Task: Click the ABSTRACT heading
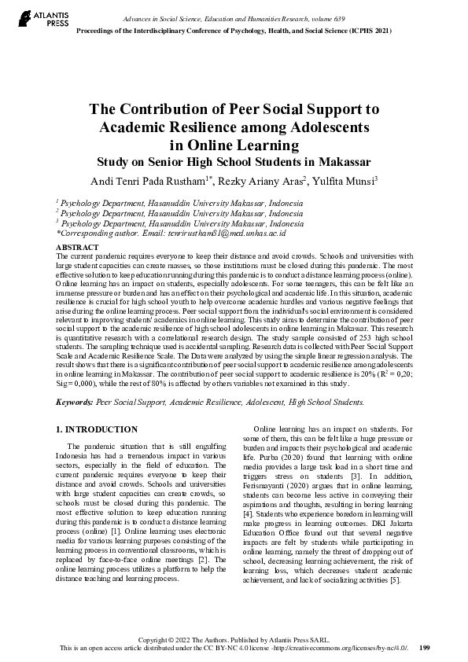coord(77,247)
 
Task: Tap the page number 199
coord(424,647)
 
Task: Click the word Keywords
coord(74,401)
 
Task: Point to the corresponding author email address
coord(230,233)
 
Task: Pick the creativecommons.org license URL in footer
coord(333,648)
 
